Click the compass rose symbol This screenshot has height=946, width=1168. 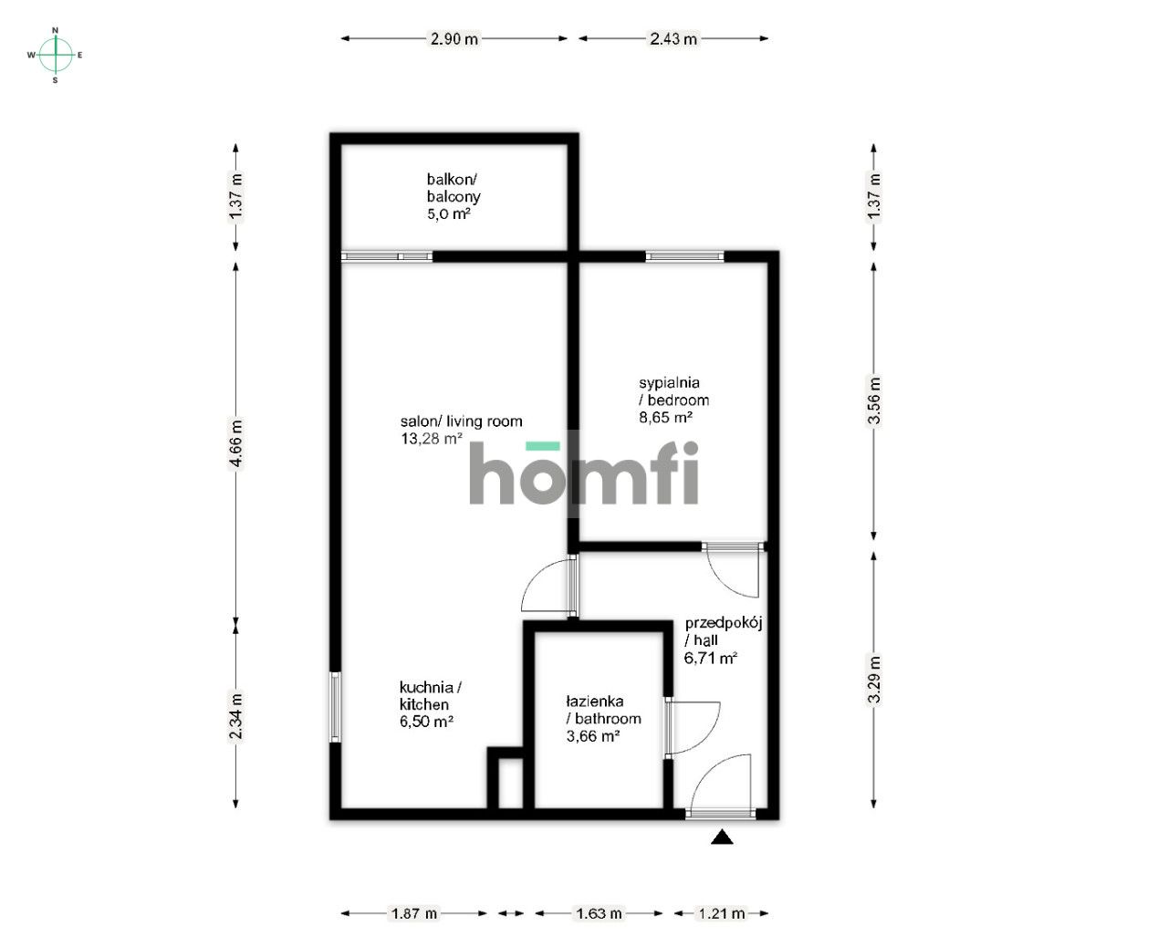(56, 55)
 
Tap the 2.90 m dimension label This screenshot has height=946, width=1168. (454, 38)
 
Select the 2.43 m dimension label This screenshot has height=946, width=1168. (673, 38)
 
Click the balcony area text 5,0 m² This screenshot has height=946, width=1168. (448, 214)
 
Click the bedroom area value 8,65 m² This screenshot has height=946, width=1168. (665, 417)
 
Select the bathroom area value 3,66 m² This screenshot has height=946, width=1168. (593, 736)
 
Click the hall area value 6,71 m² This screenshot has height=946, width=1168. (711, 658)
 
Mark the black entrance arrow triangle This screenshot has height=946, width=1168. (722, 837)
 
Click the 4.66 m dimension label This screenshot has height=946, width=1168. (236, 443)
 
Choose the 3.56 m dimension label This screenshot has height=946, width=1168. (874, 401)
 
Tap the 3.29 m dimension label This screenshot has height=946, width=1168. (874, 681)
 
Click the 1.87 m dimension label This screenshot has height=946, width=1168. (414, 912)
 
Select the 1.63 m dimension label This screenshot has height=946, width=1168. (600, 912)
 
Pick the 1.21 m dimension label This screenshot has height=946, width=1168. (722, 912)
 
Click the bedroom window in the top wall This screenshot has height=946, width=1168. (684, 256)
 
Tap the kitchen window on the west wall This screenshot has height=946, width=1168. (335, 707)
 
